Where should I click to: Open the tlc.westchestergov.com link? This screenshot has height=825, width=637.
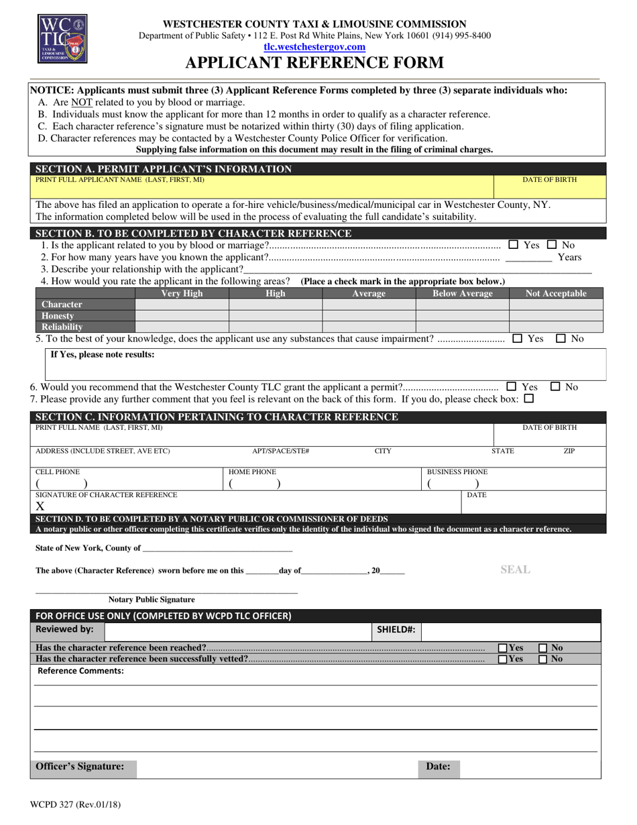coord(314,47)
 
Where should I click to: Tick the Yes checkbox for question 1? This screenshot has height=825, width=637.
coord(514,245)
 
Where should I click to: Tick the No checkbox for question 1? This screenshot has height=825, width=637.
coord(551,245)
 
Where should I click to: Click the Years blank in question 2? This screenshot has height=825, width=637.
coord(528,257)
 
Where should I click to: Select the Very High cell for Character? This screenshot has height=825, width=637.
coord(182,305)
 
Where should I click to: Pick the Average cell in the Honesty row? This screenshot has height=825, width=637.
coord(369,315)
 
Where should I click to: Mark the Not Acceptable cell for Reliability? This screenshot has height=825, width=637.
coord(556,327)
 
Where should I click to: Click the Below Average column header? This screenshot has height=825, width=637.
coord(462,293)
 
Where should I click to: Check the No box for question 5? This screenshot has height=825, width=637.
coord(561,339)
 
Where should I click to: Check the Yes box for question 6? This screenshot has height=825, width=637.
coord(512,386)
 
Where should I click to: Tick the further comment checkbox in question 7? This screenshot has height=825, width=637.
coord(528,398)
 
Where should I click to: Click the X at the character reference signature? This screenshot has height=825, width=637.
coord(40,506)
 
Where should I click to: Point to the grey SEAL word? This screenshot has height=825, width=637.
coord(515,569)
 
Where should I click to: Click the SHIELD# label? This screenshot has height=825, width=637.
coord(396,629)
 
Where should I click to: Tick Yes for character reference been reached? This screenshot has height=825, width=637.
coord(503,648)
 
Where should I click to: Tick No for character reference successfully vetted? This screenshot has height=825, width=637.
coord(543,659)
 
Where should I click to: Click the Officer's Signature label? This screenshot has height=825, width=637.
coord(80,766)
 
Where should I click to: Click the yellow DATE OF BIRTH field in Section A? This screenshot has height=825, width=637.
coord(549,186)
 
